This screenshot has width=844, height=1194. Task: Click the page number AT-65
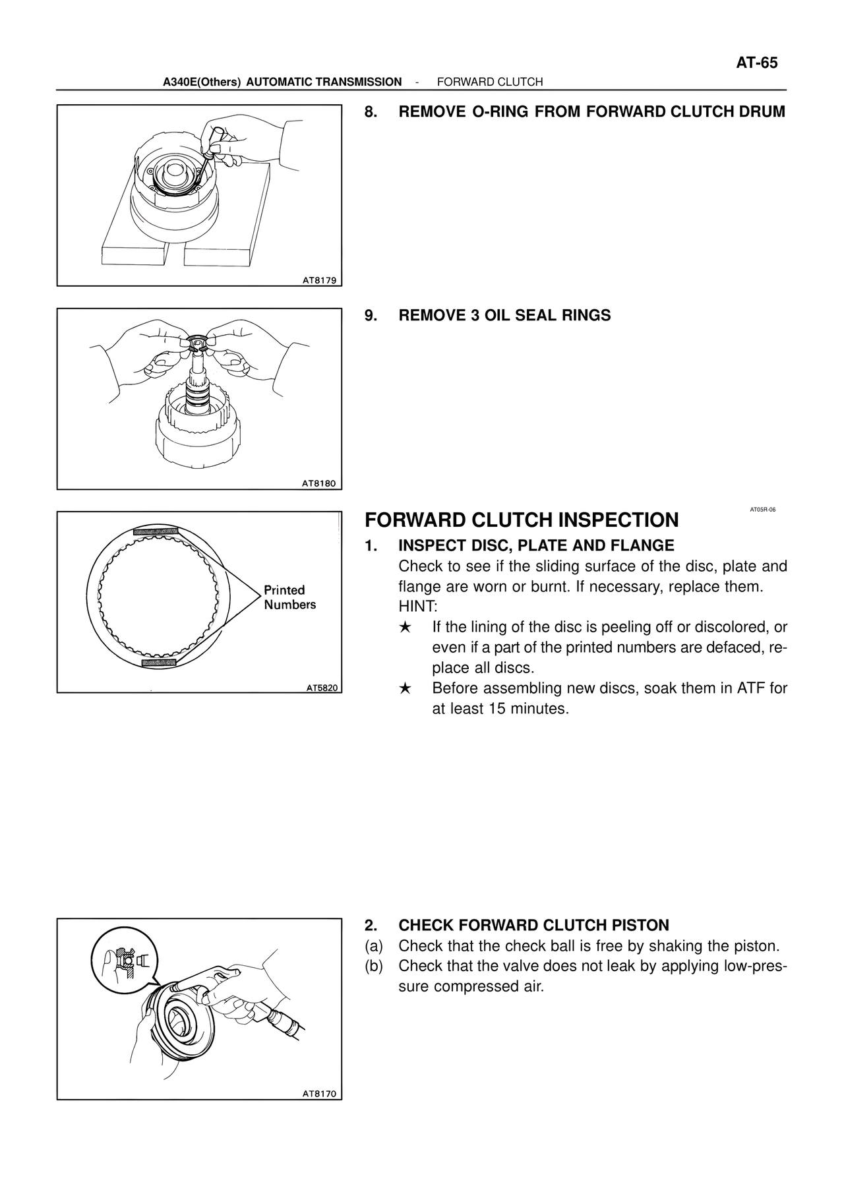(756, 63)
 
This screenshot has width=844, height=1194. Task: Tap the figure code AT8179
(319, 280)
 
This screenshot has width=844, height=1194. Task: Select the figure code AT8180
(319, 483)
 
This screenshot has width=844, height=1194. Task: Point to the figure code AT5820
(322, 688)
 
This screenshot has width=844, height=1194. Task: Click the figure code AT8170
(319, 1094)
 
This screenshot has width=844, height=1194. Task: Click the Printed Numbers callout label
(289, 597)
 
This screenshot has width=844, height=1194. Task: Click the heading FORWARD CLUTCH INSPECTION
(522, 520)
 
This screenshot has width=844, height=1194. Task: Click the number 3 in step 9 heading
(475, 315)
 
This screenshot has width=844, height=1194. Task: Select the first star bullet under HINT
(406, 627)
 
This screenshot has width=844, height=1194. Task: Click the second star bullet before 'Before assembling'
(406, 689)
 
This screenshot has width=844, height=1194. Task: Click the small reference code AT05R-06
(762, 509)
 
